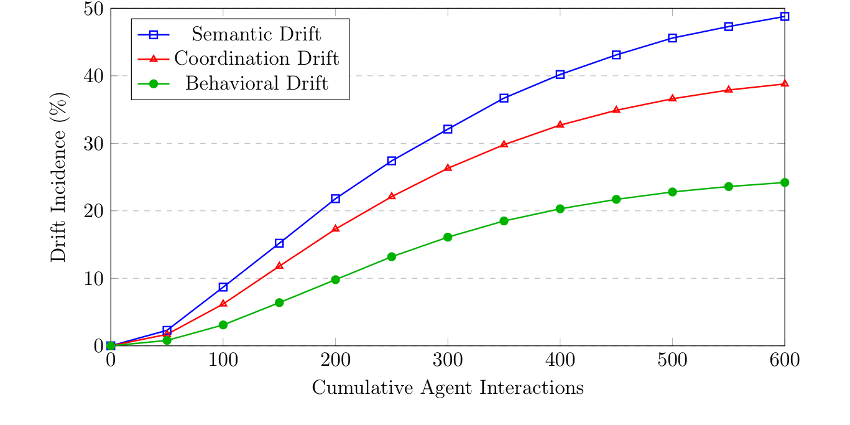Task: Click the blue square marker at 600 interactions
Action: point(785,16)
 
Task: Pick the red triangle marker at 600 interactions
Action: point(785,83)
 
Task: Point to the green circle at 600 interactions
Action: point(785,182)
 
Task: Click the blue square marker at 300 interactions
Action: point(448,129)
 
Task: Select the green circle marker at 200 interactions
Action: point(336,279)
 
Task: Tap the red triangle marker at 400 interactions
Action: point(560,124)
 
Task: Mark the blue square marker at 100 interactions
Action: point(223,287)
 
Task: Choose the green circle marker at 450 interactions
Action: point(616,199)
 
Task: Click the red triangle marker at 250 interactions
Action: point(392,196)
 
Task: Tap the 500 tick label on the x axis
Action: point(672,359)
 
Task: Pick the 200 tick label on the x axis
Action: point(336,359)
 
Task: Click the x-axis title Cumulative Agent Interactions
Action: point(448,388)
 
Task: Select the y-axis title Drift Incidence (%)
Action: point(60,177)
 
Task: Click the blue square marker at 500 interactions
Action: point(672,38)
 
